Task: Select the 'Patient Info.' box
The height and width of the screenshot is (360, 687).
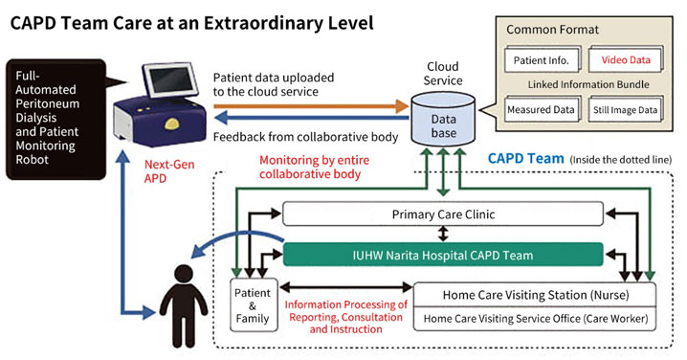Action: pyautogui.click(x=541, y=59)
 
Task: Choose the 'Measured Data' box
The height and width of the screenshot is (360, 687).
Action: pyautogui.click(x=541, y=109)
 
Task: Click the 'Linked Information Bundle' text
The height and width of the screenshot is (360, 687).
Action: pyautogui.click(x=583, y=84)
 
